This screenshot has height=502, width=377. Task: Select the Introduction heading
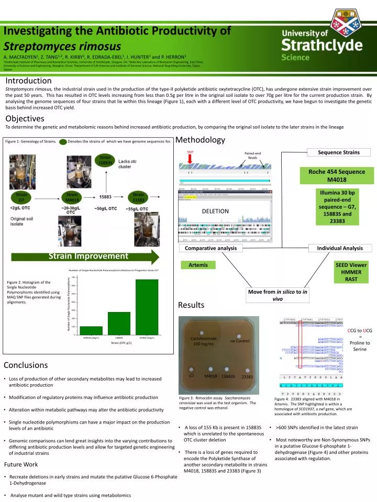tap(28, 81)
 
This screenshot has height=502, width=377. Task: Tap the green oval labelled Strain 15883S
tap(105, 160)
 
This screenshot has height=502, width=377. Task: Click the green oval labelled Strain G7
tap(21, 197)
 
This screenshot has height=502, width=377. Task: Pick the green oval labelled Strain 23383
tap(138, 197)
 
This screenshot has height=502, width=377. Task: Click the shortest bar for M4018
tap(91, 330)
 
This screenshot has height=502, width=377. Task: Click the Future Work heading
tap(21, 464)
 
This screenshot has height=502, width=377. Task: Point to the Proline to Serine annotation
tap(360, 346)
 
